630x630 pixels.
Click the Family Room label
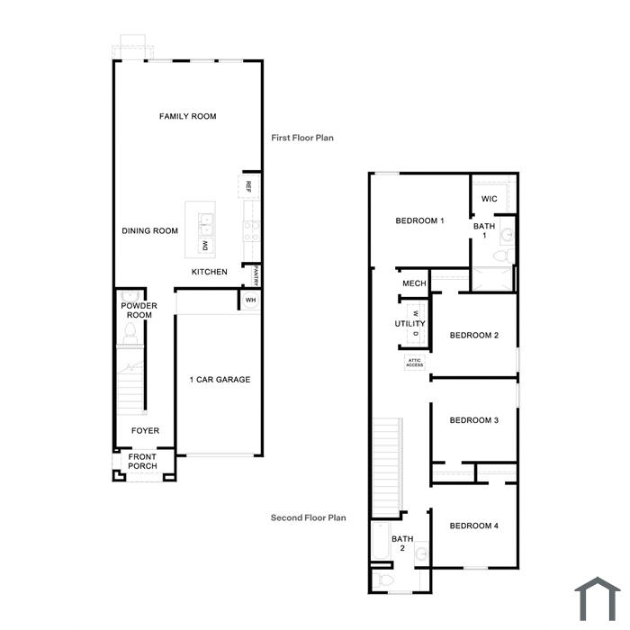[x=187, y=116]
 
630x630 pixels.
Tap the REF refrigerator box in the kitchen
[x=248, y=186]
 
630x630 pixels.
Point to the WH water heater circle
[x=251, y=300]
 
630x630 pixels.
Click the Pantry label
[x=256, y=275]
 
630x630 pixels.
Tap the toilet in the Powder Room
[x=130, y=334]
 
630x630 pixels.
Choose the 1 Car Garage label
[x=220, y=380]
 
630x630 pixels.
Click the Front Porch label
[x=142, y=462]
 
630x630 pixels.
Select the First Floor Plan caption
[x=302, y=138]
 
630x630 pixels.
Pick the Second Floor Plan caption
[x=308, y=517]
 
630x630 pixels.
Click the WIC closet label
[x=489, y=199]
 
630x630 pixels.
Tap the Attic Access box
[x=415, y=363]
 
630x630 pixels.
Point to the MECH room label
[x=414, y=283]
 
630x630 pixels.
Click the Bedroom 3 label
[x=474, y=420]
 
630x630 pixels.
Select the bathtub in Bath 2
[x=381, y=541]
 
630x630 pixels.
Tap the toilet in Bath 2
[x=383, y=580]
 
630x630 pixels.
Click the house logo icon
[x=598, y=598]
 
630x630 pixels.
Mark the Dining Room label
[x=150, y=231]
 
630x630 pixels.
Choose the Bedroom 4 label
[x=474, y=526]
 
